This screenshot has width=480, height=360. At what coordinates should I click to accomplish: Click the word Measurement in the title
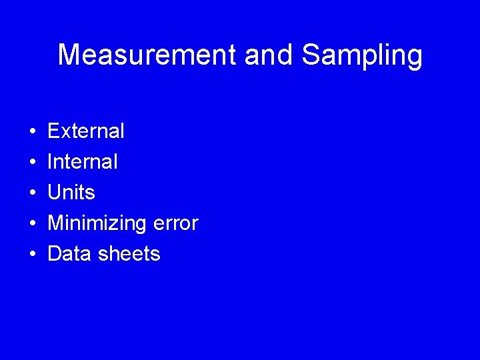pos(147,55)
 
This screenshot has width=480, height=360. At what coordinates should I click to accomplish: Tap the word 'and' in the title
pos(269,55)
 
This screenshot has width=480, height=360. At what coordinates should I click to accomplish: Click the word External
pos(86,131)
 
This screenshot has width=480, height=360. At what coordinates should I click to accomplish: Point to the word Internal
pos(83,161)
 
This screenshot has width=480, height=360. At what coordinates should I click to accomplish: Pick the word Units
pos(71,192)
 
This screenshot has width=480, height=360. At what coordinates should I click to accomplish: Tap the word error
pos(175,223)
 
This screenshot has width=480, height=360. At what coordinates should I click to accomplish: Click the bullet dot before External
pos(32,131)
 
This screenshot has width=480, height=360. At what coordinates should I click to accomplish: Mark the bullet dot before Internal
pos(32,162)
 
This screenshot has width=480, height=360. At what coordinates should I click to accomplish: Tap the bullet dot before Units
pos(32,193)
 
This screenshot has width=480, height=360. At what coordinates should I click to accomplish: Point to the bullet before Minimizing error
pos(32,223)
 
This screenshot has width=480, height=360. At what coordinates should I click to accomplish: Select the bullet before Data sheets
pos(32,254)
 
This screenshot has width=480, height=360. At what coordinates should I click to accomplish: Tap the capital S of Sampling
pos(311,55)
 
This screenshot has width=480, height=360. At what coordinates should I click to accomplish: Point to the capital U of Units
pos(55,192)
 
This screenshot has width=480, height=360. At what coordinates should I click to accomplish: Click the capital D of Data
pos(55,253)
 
